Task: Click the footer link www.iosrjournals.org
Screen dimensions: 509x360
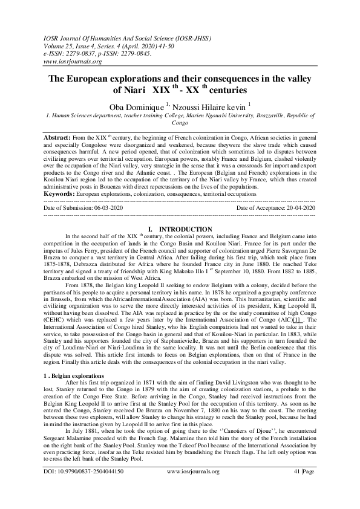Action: coord(192,487)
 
